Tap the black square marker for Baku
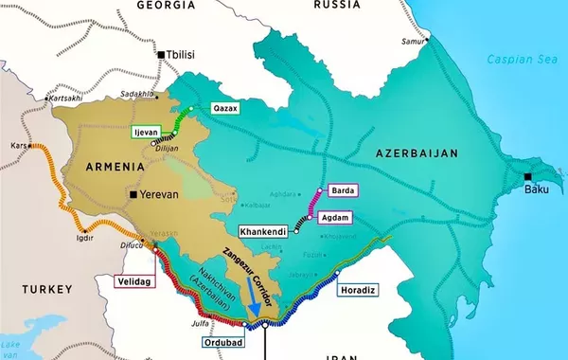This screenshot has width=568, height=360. tap(527, 177)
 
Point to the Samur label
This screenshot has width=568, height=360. tap(414, 42)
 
